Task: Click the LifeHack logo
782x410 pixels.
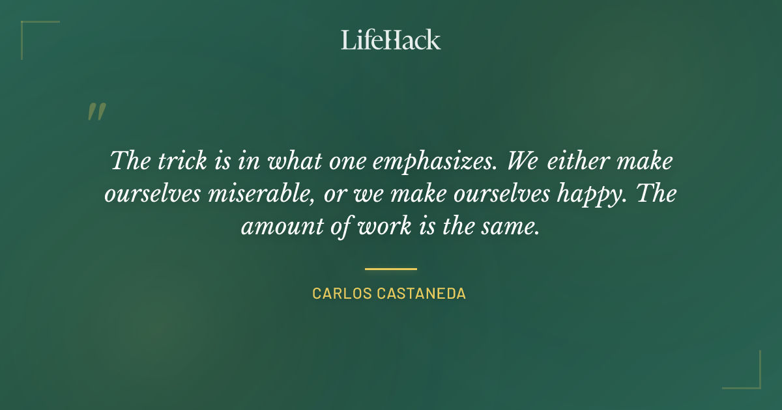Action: coord(391,40)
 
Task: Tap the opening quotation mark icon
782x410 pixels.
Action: coord(96,112)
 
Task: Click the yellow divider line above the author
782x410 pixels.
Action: coord(391,268)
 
